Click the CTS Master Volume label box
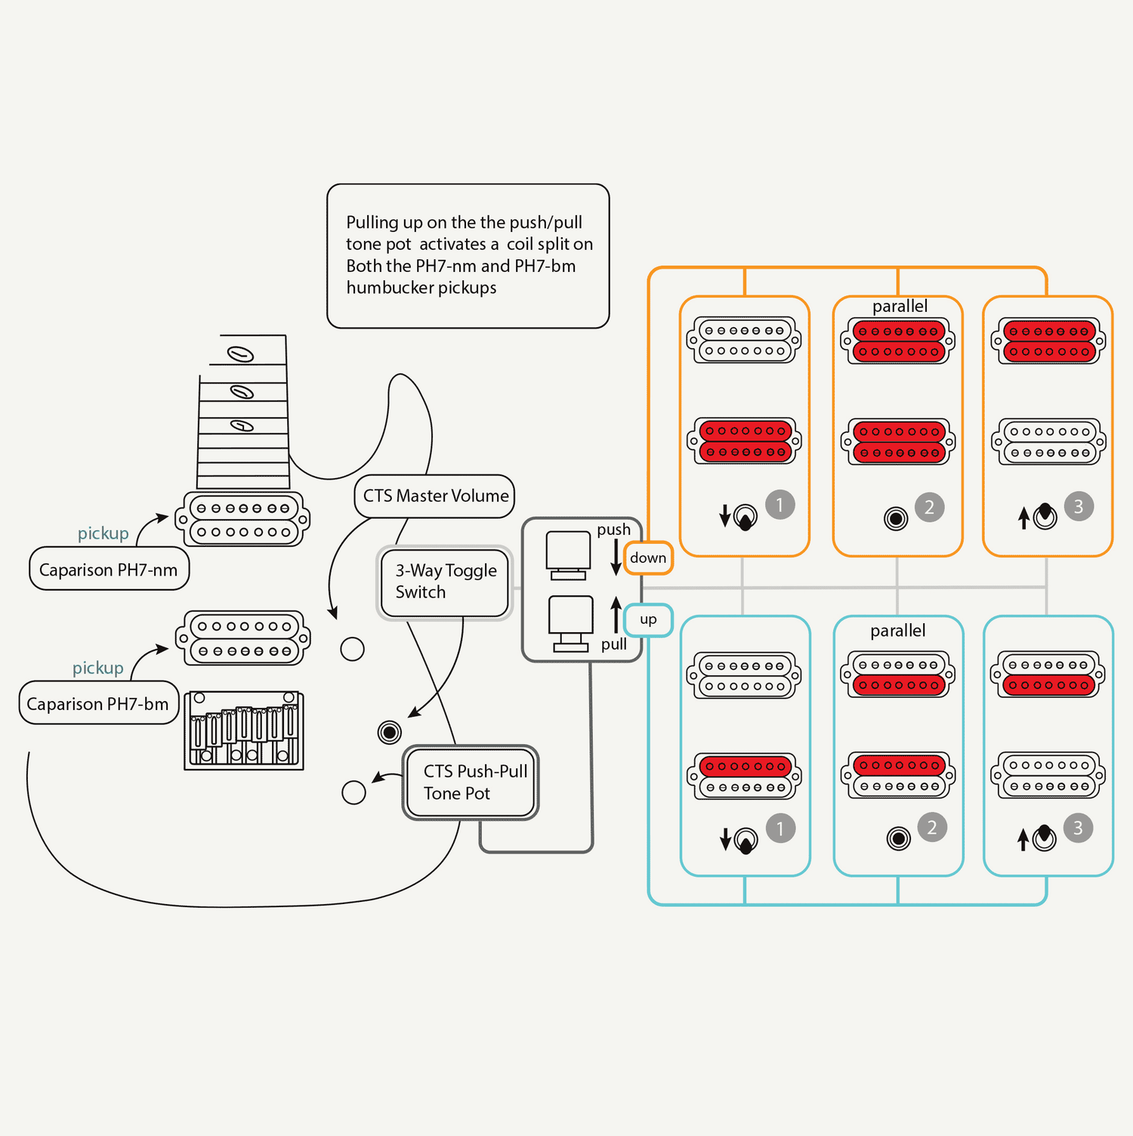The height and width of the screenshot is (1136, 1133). [x=435, y=496]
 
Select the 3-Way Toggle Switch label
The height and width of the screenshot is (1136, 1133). [x=445, y=582]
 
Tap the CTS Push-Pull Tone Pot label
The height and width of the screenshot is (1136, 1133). [x=471, y=783]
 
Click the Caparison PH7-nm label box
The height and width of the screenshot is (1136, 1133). [x=109, y=570]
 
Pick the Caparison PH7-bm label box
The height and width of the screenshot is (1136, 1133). [x=98, y=703]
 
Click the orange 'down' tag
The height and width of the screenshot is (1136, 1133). [x=648, y=558]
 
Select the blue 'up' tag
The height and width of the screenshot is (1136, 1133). [x=648, y=620]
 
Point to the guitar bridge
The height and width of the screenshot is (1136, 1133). [x=244, y=730]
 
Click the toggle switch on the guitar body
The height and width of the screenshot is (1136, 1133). [x=390, y=732]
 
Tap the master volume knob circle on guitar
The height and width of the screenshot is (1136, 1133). [x=353, y=649]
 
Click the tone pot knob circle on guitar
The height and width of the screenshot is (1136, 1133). [x=353, y=792]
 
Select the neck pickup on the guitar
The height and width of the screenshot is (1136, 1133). [x=243, y=520]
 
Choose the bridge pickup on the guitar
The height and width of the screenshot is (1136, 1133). [x=243, y=638]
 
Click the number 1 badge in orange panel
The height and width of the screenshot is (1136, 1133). [x=780, y=504]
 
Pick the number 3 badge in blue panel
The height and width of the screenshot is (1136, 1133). [x=1078, y=829]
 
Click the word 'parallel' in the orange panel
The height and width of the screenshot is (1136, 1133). [x=900, y=307]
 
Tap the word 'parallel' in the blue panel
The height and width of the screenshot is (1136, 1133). [x=898, y=631]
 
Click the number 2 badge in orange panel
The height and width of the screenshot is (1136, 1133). [x=930, y=507]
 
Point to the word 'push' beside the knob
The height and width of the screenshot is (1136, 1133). [x=613, y=529]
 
